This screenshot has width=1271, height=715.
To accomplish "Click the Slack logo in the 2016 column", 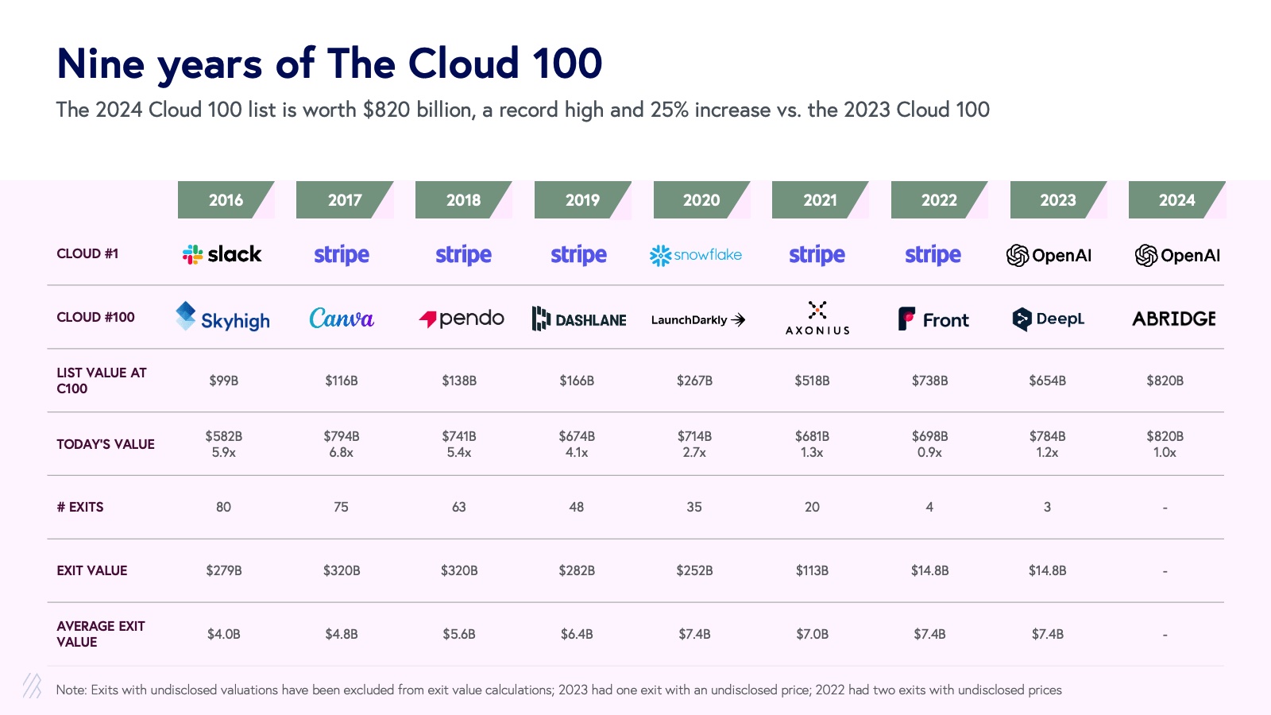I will (222, 254).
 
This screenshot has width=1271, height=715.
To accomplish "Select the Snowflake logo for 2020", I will (696, 255).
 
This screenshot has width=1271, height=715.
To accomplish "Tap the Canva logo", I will (342, 319).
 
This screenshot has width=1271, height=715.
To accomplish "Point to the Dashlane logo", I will (579, 319).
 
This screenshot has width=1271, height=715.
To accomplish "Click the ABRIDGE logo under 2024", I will (1174, 319).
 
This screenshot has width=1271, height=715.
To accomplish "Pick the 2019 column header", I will (582, 200).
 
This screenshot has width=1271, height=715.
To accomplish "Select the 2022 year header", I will (939, 200).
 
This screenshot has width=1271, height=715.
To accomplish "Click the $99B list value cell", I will (224, 381).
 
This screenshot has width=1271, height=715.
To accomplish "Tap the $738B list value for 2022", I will (929, 381).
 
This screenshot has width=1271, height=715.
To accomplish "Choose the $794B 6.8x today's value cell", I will (342, 444).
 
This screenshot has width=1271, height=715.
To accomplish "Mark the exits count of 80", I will (224, 507).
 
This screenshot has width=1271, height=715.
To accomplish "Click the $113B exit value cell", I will (812, 570).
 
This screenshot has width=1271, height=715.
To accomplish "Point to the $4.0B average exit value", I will (224, 634).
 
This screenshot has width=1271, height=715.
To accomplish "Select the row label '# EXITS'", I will (80, 507).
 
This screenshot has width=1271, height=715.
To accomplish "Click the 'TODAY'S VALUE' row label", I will (106, 444).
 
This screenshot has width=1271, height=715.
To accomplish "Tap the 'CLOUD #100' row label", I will (95, 317).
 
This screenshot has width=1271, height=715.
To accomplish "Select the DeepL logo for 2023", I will (1049, 319).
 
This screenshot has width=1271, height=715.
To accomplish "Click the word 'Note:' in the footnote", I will (71, 690).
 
